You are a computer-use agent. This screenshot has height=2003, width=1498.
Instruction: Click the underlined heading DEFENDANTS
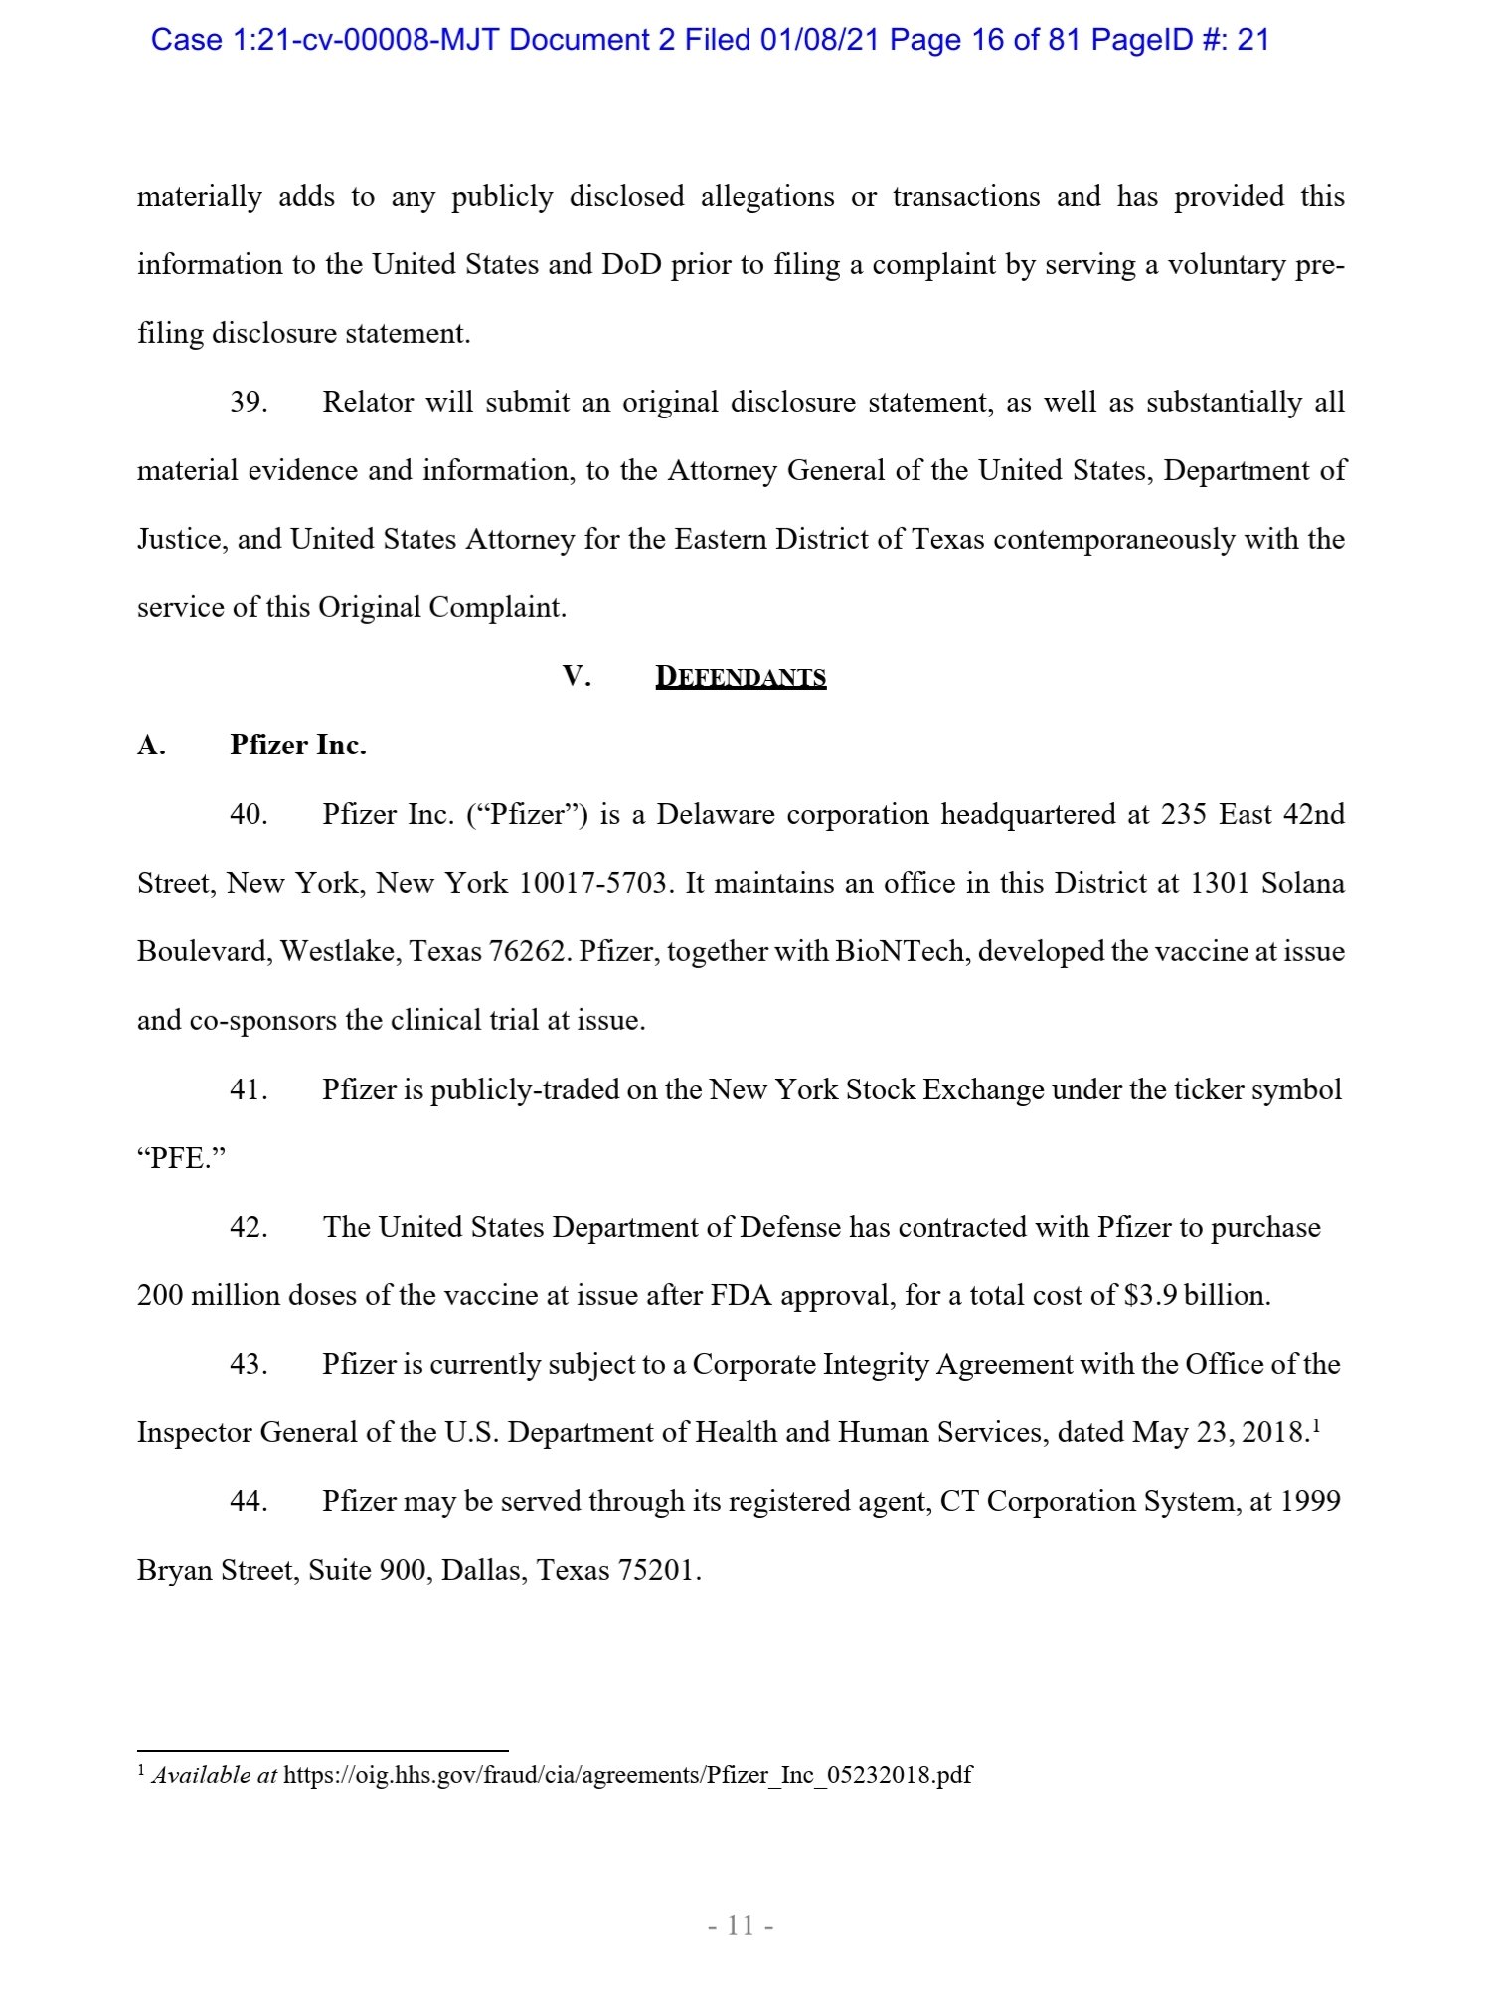point(741,677)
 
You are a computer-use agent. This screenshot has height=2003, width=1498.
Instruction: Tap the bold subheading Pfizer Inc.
point(297,746)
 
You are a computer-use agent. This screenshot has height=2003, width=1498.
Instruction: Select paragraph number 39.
point(249,403)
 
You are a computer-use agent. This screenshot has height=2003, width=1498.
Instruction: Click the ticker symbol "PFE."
point(182,1159)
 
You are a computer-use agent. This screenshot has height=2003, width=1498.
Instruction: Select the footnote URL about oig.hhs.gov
point(627,1775)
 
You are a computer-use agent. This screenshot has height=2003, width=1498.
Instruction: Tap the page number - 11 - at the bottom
point(741,1925)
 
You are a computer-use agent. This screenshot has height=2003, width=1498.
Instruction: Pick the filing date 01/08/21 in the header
point(820,40)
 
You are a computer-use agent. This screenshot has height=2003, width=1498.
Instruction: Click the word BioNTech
point(900,952)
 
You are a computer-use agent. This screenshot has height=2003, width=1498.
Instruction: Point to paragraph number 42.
point(249,1228)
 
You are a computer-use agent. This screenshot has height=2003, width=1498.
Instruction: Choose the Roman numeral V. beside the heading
point(577,677)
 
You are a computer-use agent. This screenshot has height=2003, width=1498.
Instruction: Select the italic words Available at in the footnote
point(214,1775)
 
